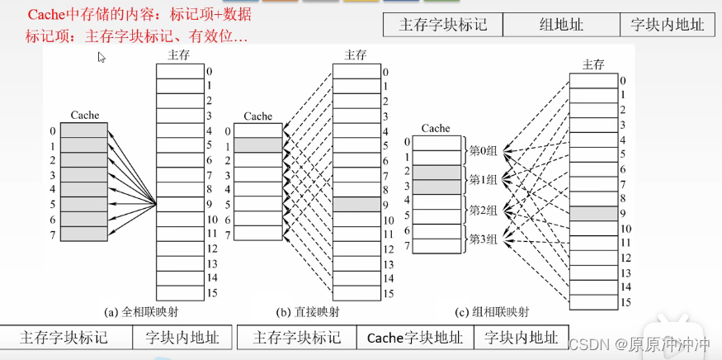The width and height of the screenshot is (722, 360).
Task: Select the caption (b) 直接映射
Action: click(x=307, y=313)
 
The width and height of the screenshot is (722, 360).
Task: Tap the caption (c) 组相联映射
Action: click(x=492, y=313)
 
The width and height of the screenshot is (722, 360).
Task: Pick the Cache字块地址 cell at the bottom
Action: click(x=415, y=338)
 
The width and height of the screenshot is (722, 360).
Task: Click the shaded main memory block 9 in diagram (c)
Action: click(x=593, y=213)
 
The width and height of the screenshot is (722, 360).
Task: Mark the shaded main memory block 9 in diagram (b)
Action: click(x=356, y=205)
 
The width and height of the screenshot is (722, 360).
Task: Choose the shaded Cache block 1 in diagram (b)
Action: click(x=258, y=144)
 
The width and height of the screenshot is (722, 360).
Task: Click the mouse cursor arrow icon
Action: click(x=101, y=58)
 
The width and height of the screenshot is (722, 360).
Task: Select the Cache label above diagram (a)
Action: click(x=85, y=116)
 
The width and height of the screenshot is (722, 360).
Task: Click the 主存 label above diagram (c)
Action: click(x=593, y=64)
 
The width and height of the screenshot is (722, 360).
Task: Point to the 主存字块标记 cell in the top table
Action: click(x=443, y=25)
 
